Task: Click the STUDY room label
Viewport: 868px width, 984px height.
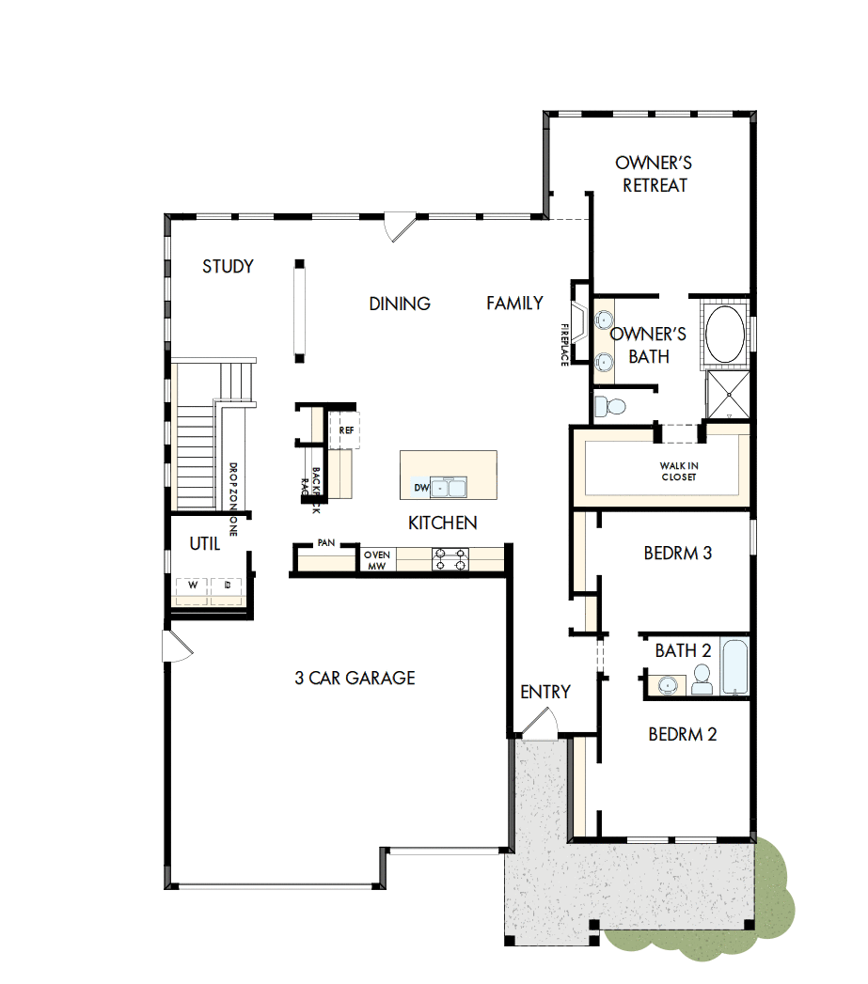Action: pyautogui.click(x=228, y=267)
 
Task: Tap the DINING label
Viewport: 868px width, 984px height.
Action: pyautogui.click(x=400, y=304)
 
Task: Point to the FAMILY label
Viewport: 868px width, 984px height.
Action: pyautogui.click(x=514, y=303)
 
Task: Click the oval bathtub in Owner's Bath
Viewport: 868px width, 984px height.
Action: pyautogui.click(x=725, y=334)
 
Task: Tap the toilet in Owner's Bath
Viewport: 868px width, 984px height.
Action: pyautogui.click(x=612, y=407)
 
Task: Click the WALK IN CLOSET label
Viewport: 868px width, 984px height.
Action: pyautogui.click(x=678, y=471)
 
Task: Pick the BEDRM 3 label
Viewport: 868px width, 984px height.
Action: pyautogui.click(x=677, y=554)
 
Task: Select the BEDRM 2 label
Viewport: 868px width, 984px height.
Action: pyautogui.click(x=682, y=734)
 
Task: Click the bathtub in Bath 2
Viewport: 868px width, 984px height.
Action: pyautogui.click(x=734, y=666)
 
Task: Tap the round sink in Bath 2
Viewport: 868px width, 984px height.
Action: pyautogui.click(x=667, y=683)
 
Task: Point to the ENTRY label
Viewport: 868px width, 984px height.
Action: pyautogui.click(x=545, y=693)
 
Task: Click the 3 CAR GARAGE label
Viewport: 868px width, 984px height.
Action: pyautogui.click(x=355, y=678)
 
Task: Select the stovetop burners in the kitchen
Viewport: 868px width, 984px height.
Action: pyautogui.click(x=449, y=560)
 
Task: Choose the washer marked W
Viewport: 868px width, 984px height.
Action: pyautogui.click(x=194, y=585)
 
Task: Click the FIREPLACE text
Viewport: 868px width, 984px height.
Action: pyautogui.click(x=565, y=344)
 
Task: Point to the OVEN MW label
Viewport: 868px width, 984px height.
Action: pyautogui.click(x=377, y=560)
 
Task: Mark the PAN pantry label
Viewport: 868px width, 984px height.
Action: pyautogui.click(x=326, y=543)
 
